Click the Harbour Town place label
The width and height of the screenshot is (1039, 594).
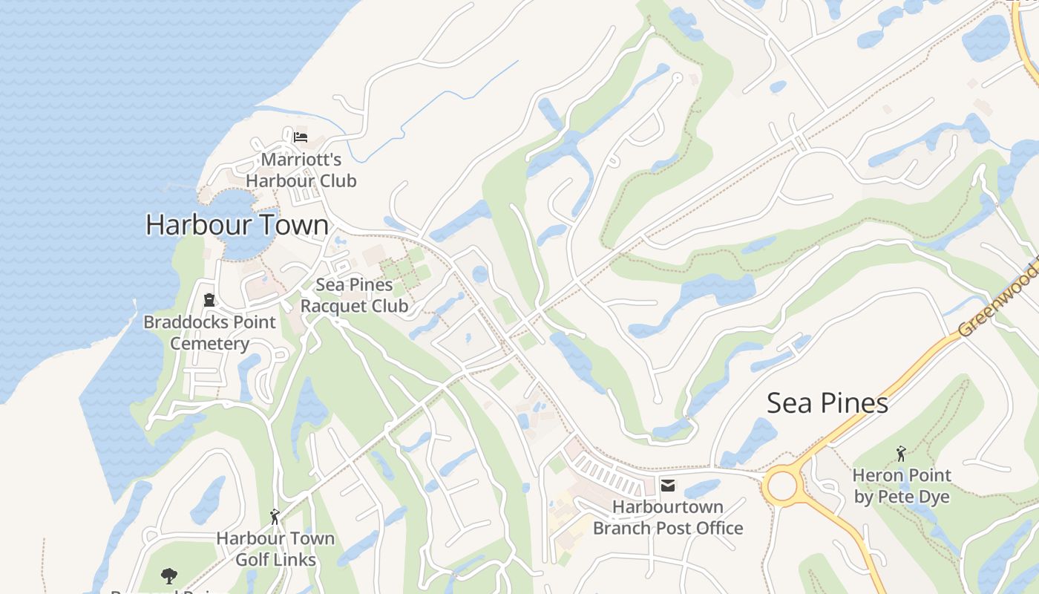click(x=237, y=225)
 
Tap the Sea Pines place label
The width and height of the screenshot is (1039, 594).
click(x=827, y=403)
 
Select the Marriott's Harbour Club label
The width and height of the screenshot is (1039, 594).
click(x=301, y=170)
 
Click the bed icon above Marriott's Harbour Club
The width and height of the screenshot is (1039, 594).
click(x=300, y=137)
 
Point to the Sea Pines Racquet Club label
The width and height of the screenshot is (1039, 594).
click(x=354, y=295)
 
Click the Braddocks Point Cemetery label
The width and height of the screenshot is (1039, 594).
click(x=209, y=333)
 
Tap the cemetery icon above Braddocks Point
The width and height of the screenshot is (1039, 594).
click(x=209, y=300)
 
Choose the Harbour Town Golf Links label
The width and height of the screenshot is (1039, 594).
click(x=275, y=549)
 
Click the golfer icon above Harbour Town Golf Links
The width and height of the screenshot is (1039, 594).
click(x=275, y=516)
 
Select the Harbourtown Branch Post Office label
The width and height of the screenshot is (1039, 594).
click(x=667, y=518)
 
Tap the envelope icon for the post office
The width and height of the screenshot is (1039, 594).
click(x=668, y=486)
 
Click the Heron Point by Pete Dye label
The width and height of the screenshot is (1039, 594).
click(x=902, y=486)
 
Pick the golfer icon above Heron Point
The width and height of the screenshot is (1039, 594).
click(x=901, y=453)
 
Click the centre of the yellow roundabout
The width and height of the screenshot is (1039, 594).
click(x=781, y=487)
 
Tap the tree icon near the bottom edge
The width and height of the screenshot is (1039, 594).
click(x=169, y=575)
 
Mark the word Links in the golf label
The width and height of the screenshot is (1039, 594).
click(x=296, y=560)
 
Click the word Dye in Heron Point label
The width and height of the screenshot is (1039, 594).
click(x=934, y=497)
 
